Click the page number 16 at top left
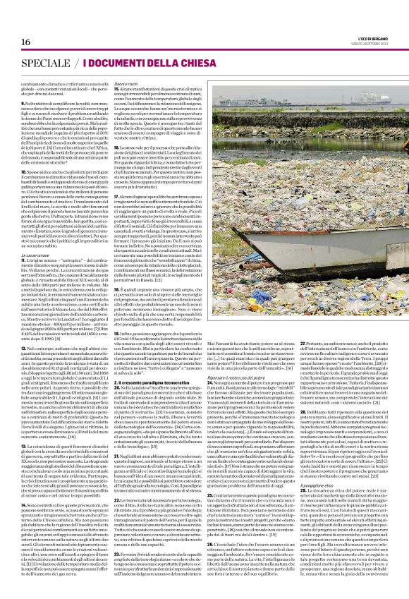pos(16,22)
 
